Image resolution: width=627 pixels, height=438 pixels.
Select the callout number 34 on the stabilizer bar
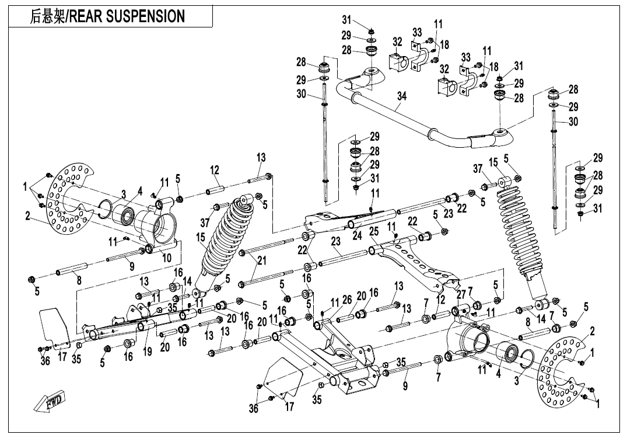[400, 109]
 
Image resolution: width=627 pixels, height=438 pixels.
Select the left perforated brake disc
[67, 199]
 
